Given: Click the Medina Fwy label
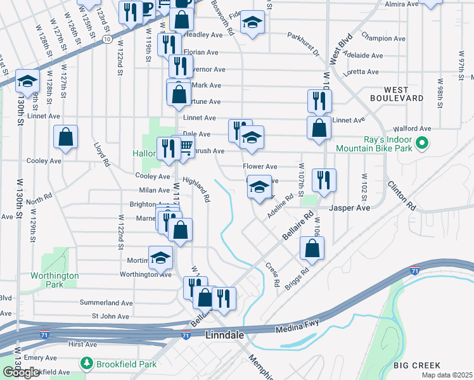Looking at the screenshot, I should click(x=296, y=329).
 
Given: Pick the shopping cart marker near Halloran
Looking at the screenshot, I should click(x=185, y=148).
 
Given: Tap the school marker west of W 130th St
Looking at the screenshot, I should click(x=27, y=81).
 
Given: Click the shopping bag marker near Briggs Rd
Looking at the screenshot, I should click(x=312, y=249).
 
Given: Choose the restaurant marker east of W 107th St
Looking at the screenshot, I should click(x=323, y=180).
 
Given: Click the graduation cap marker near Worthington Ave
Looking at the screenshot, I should click(x=161, y=258).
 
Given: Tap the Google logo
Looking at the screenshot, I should click(x=22, y=372).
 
